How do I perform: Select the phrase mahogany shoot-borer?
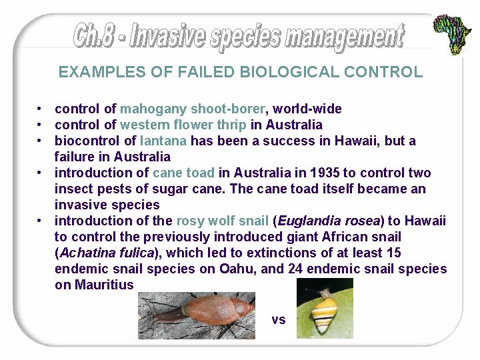coord(194,109)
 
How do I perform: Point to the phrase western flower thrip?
coord(184,125)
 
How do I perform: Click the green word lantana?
coord(164,141)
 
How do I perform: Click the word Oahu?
coord(250,269)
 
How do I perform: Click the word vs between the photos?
coord(279,320)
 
